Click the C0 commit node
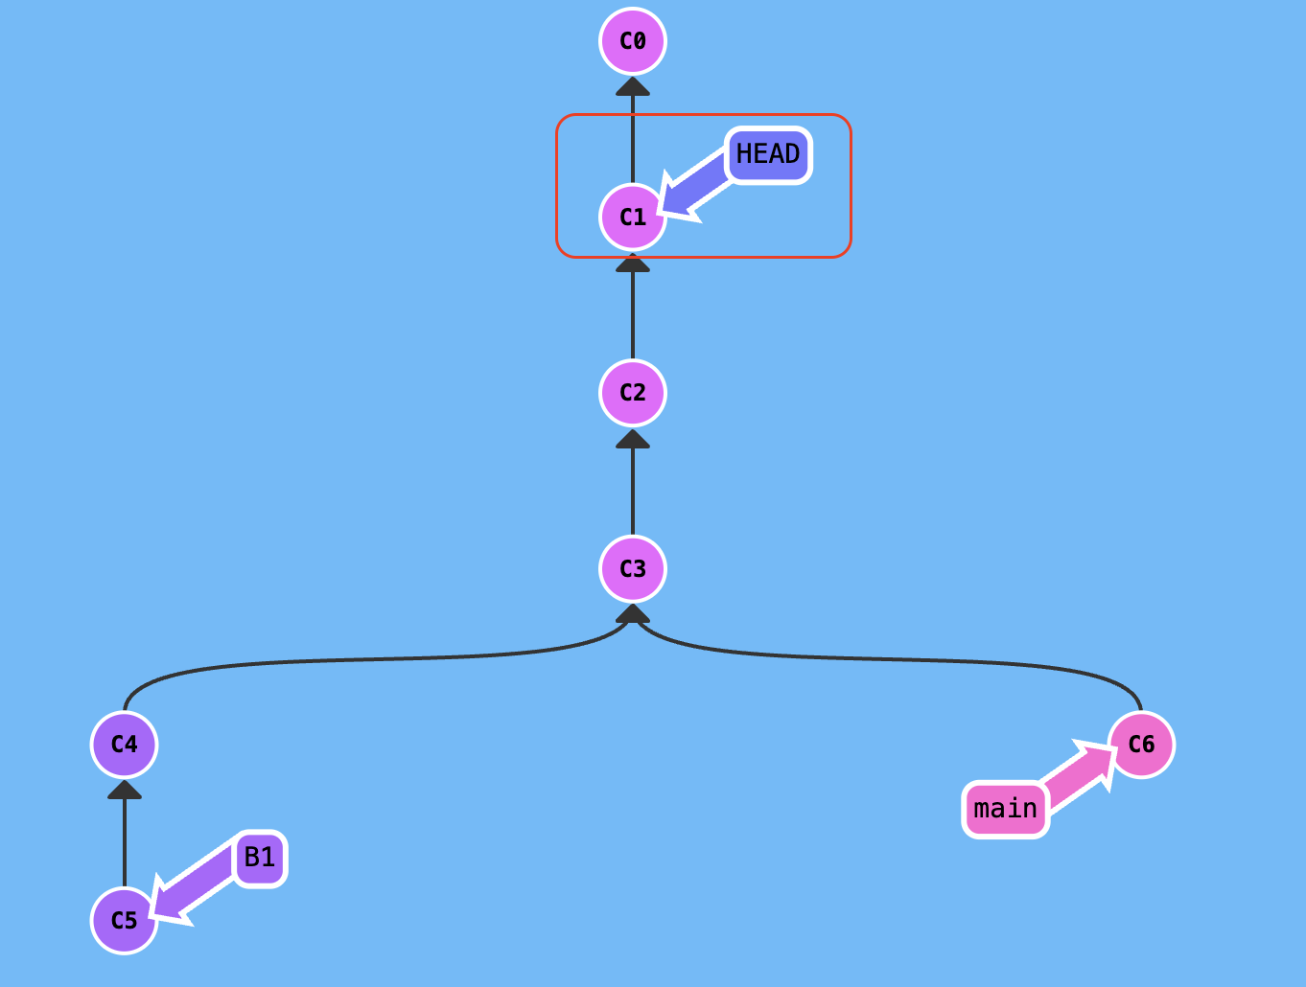(633, 41)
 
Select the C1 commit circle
(633, 218)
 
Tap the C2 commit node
(633, 393)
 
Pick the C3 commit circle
(633, 569)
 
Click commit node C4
(125, 745)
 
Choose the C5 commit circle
(125, 921)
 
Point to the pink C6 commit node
(1141, 745)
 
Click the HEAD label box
(768, 154)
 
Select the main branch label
(1006, 810)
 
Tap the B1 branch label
(260, 858)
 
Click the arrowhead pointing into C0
(633, 86)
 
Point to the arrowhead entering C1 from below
(633, 263)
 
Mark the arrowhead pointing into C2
(633, 439)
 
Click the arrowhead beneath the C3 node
(633, 614)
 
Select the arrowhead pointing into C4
(125, 790)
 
